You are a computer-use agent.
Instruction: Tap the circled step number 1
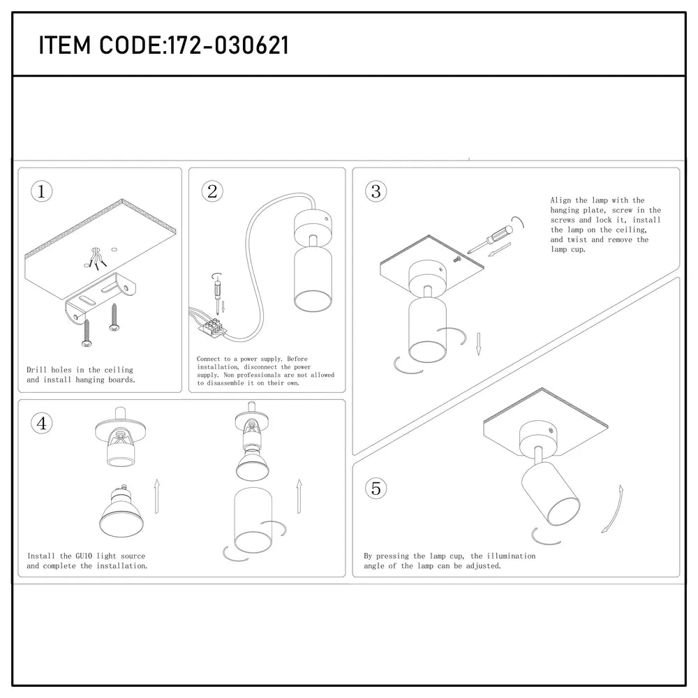point(43,192)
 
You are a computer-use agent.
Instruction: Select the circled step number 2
point(213,192)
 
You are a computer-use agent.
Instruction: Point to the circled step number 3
point(376,191)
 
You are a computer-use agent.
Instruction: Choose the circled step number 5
point(376,489)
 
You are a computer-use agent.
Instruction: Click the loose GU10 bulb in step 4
point(118,510)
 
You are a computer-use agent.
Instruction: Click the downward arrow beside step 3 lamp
point(478,343)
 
